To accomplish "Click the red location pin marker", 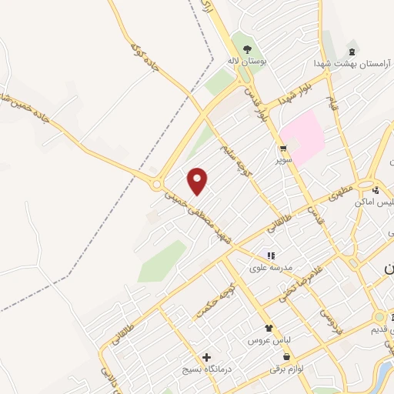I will coord(198,180).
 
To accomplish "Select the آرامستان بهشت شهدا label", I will coord(344,61).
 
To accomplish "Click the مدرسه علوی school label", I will coord(269,268).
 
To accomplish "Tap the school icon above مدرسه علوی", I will coord(269,255).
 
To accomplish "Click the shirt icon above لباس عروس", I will coord(268,328).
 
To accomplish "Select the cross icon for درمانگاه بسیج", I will coord(205,357).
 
